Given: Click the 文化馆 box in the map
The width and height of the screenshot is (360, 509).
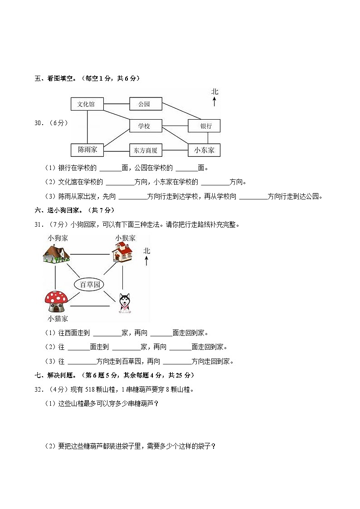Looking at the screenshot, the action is (87, 104).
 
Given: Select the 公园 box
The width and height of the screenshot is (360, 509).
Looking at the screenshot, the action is (145, 104).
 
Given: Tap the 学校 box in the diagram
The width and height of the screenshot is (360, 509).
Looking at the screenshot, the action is (145, 126).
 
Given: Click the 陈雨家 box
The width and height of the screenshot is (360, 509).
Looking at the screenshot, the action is (87, 150).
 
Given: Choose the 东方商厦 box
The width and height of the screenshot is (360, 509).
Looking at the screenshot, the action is (146, 150).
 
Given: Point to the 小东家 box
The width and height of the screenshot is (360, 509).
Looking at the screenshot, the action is (204, 150).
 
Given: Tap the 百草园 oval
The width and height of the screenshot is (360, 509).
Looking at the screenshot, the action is (89, 285).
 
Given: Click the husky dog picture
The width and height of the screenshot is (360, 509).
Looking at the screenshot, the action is (124, 303).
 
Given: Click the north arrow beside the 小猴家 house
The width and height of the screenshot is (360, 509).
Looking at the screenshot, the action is (146, 260).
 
